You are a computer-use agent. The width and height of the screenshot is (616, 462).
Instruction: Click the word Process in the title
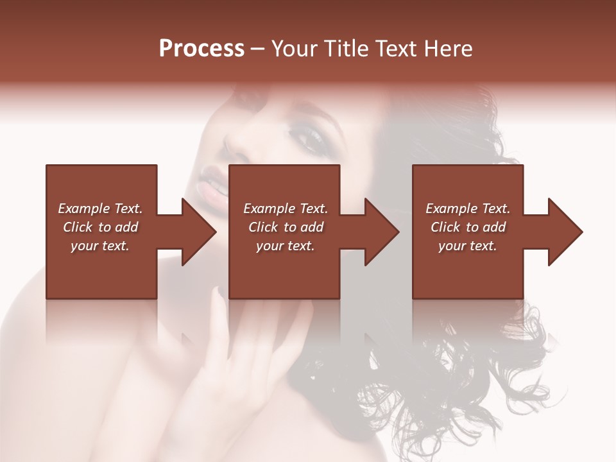201,49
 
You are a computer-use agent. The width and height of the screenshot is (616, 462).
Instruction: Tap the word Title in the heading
343,49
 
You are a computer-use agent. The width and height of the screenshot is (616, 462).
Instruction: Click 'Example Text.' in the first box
100,209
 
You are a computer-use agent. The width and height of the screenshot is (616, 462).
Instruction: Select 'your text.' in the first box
100,246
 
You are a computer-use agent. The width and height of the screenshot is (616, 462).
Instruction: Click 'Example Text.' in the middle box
286,209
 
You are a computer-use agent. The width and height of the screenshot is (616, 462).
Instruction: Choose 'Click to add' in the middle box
286,227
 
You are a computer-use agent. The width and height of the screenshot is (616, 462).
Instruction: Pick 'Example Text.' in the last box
468,209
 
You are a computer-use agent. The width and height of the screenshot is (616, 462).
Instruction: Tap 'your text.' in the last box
468,246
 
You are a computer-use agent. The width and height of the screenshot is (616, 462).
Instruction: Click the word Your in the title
293,49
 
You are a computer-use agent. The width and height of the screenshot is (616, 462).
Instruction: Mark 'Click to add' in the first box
100,227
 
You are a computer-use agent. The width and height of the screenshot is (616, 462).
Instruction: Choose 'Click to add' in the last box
468,227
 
